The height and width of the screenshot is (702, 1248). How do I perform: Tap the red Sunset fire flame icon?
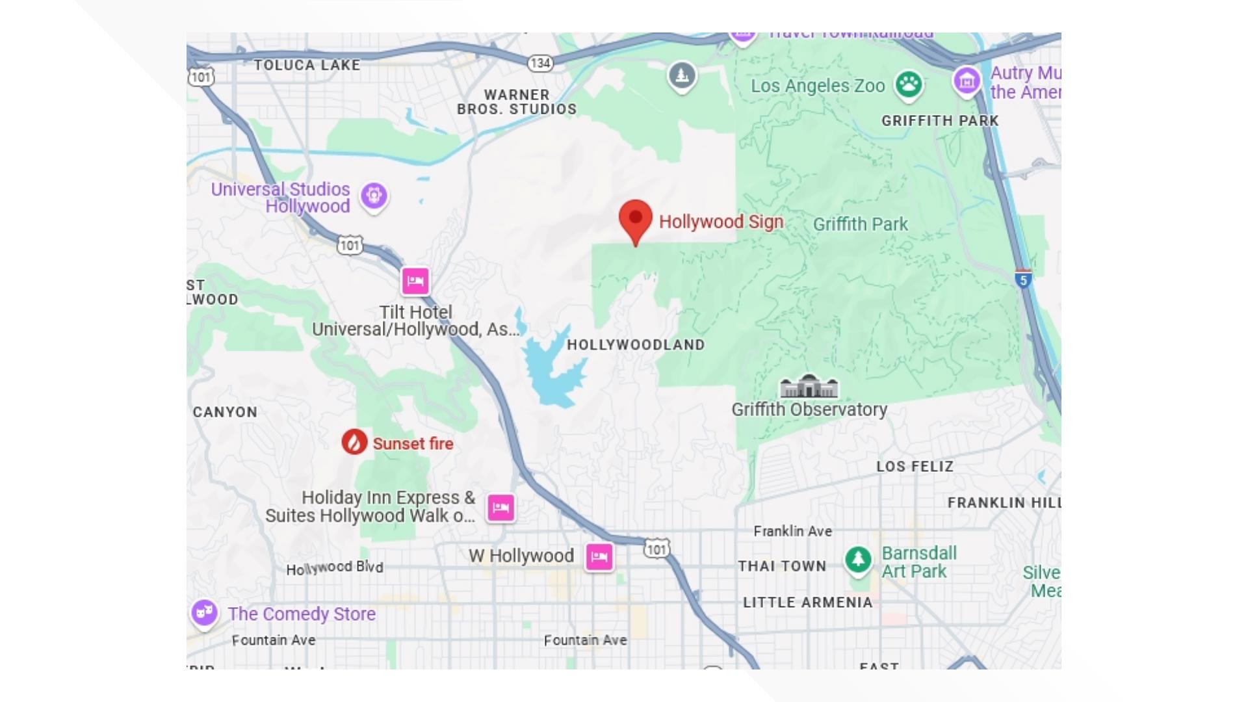point(354,443)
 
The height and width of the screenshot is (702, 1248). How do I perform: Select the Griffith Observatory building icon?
point(809,387)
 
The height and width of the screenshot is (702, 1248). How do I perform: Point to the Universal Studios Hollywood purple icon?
point(374,195)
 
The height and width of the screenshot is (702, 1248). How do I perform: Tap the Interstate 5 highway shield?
point(1023,279)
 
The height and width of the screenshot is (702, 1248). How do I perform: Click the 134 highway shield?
point(540,63)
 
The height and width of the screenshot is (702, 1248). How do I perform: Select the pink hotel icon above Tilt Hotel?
point(415,281)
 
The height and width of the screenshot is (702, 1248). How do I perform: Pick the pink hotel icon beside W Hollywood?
point(599,556)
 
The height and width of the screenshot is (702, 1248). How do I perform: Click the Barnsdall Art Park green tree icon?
point(858,559)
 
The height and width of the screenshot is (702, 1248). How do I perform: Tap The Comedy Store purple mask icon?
point(204,612)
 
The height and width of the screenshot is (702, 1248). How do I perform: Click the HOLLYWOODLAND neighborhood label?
point(635,345)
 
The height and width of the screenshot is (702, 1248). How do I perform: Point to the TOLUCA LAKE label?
point(307,65)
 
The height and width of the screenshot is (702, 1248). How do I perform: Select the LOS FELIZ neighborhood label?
point(915,467)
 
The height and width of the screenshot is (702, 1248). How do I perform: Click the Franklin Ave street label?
point(792,531)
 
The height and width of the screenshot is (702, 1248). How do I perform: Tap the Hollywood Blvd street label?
point(335,568)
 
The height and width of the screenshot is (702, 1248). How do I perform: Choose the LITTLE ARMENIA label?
point(807,603)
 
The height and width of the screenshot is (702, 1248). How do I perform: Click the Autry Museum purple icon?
point(967,81)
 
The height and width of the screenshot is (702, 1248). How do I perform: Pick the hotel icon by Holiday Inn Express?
point(500,508)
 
